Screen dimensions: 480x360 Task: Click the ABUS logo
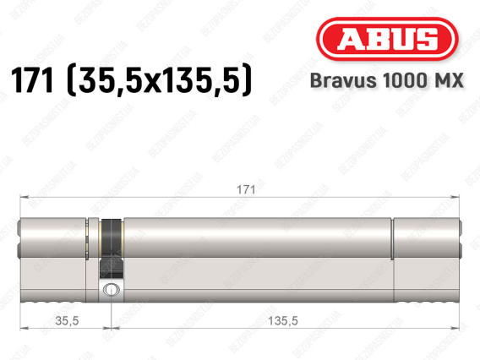[x=387, y=39]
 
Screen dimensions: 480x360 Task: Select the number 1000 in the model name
[x=404, y=80]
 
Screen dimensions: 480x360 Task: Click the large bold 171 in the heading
[x=32, y=80]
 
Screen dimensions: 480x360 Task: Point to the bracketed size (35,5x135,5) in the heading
[x=159, y=80]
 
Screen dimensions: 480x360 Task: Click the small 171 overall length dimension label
[x=246, y=190]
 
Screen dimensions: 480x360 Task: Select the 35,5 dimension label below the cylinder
[x=67, y=320]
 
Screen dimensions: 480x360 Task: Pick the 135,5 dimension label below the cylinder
[x=282, y=320]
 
